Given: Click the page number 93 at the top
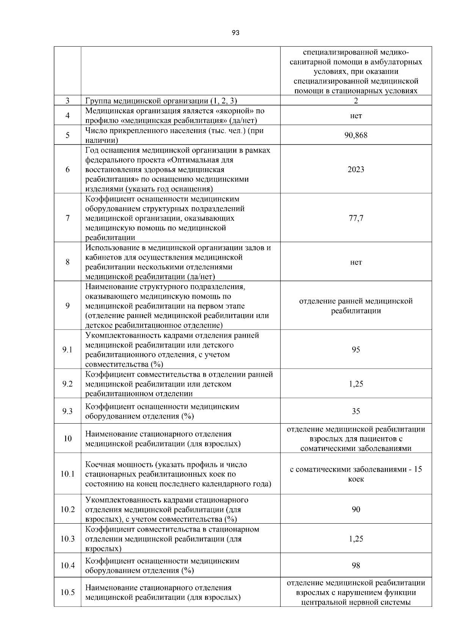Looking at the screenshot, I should [235, 33].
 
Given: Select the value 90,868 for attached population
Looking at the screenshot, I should [356, 135].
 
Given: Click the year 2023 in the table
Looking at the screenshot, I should [356, 169].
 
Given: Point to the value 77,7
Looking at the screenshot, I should [356, 218].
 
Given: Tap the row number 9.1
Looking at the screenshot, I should [67, 350].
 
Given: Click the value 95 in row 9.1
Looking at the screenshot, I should [356, 350].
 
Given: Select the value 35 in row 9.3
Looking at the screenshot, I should [356, 411].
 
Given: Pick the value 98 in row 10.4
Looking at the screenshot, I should [356, 566].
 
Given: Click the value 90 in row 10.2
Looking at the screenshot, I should [356, 510].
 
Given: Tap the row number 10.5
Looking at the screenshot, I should [67, 593].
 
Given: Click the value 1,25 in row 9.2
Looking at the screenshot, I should [356, 384].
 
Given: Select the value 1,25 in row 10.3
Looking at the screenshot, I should [356, 539].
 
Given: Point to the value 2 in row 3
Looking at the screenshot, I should [356, 101].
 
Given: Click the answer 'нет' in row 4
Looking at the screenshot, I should [356, 116].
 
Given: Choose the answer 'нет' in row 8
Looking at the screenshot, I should [356, 262].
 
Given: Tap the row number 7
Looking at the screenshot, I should [67, 218].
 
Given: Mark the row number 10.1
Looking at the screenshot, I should [67, 474].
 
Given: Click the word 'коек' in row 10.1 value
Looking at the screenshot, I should [356, 479].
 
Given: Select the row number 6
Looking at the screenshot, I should [67, 169].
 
